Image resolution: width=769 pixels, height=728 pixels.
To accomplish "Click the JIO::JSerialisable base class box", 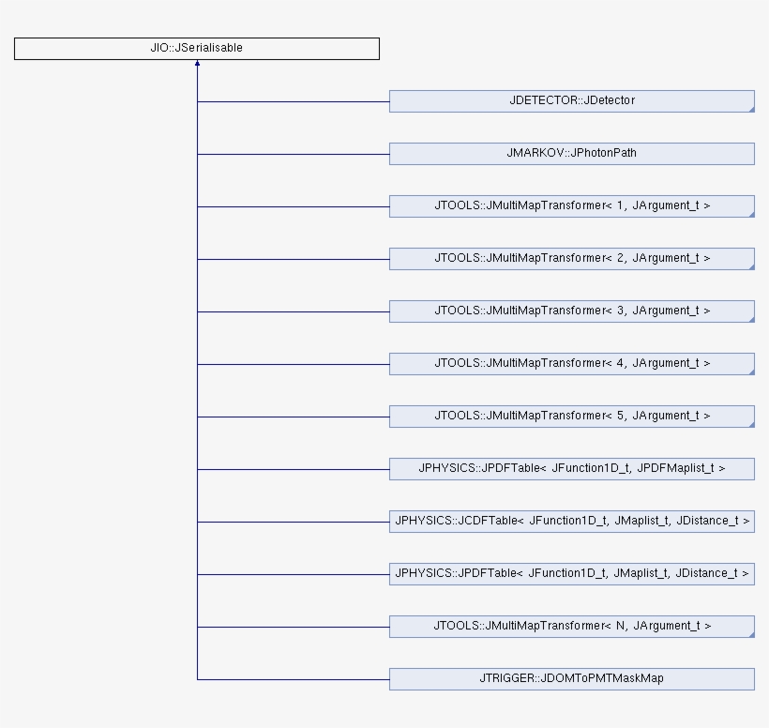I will click(x=196, y=49).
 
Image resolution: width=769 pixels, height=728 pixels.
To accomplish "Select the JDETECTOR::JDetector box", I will click(x=571, y=101).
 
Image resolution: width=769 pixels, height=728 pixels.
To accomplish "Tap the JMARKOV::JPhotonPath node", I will click(x=571, y=154).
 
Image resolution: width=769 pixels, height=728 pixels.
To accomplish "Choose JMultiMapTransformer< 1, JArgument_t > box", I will click(x=571, y=206).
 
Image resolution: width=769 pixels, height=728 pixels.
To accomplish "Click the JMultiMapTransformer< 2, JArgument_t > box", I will click(x=571, y=259).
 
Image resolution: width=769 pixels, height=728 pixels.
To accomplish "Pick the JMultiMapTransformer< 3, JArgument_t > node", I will click(x=571, y=311).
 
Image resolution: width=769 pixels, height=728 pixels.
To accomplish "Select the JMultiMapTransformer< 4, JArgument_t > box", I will click(x=571, y=364).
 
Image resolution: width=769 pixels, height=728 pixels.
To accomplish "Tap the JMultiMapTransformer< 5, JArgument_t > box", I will click(x=571, y=417).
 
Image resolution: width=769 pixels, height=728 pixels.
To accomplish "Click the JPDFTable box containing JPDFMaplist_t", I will click(x=571, y=469).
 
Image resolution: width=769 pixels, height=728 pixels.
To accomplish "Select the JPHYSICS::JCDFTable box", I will click(x=571, y=522).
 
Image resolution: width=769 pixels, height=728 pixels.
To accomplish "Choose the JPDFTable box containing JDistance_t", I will click(x=571, y=574).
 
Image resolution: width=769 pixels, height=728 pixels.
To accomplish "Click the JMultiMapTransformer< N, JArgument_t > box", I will click(x=571, y=627).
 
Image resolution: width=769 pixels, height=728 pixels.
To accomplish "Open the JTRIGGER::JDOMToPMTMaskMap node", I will click(x=571, y=679).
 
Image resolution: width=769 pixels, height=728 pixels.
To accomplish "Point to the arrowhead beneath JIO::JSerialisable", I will click(x=197, y=65).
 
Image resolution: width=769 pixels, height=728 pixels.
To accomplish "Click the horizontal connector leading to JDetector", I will click(x=293, y=101).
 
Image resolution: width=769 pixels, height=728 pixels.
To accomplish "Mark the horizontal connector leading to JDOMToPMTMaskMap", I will click(x=293, y=679).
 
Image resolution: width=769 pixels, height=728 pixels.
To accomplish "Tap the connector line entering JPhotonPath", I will click(x=293, y=154).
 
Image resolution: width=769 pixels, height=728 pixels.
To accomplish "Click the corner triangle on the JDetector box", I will click(x=751, y=110).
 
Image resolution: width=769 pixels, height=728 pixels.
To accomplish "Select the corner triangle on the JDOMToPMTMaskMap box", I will click(x=751, y=688).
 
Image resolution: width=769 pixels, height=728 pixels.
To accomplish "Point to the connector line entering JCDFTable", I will click(x=293, y=522).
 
